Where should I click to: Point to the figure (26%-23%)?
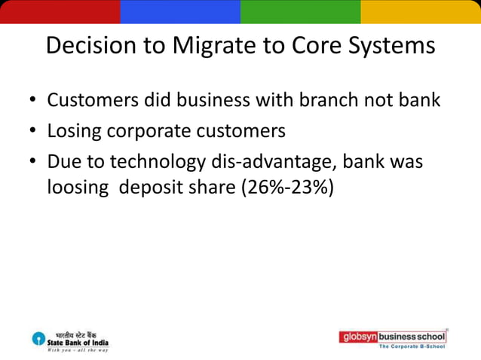point(286,188)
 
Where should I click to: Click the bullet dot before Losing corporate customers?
point(33,132)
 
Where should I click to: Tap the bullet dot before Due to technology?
point(33,163)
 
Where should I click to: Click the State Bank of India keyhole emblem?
point(38,340)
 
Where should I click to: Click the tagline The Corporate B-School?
point(411,346)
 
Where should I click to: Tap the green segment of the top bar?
point(300,11)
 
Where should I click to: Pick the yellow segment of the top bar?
point(421,11)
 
